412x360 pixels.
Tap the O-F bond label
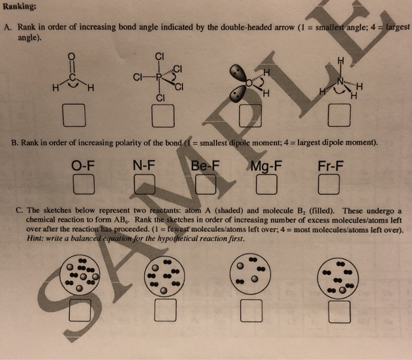pyautogui.click(x=84, y=166)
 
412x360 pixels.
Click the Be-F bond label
pyautogui.click(x=205, y=166)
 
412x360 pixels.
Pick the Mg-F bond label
pyautogui.click(x=265, y=166)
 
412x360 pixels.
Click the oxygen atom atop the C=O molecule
pyautogui.click(x=72, y=56)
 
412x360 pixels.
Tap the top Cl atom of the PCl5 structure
pyautogui.click(x=158, y=56)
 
